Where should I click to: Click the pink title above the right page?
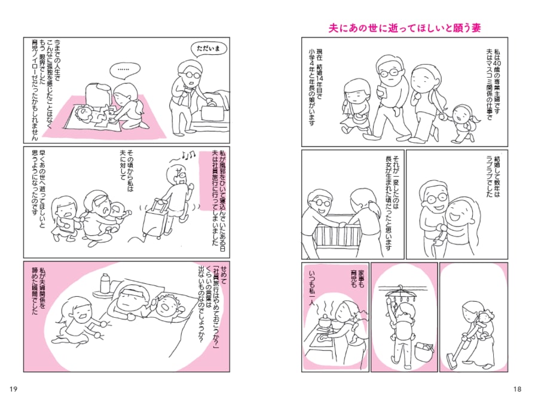(x=405, y=28)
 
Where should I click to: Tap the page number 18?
(x=517, y=389)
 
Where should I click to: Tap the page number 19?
(x=13, y=389)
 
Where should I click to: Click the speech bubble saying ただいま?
(x=210, y=50)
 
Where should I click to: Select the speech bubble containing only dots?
(x=126, y=70)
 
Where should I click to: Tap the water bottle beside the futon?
(x=104, y=283)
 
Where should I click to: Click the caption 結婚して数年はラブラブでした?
(x=493, y=176)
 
